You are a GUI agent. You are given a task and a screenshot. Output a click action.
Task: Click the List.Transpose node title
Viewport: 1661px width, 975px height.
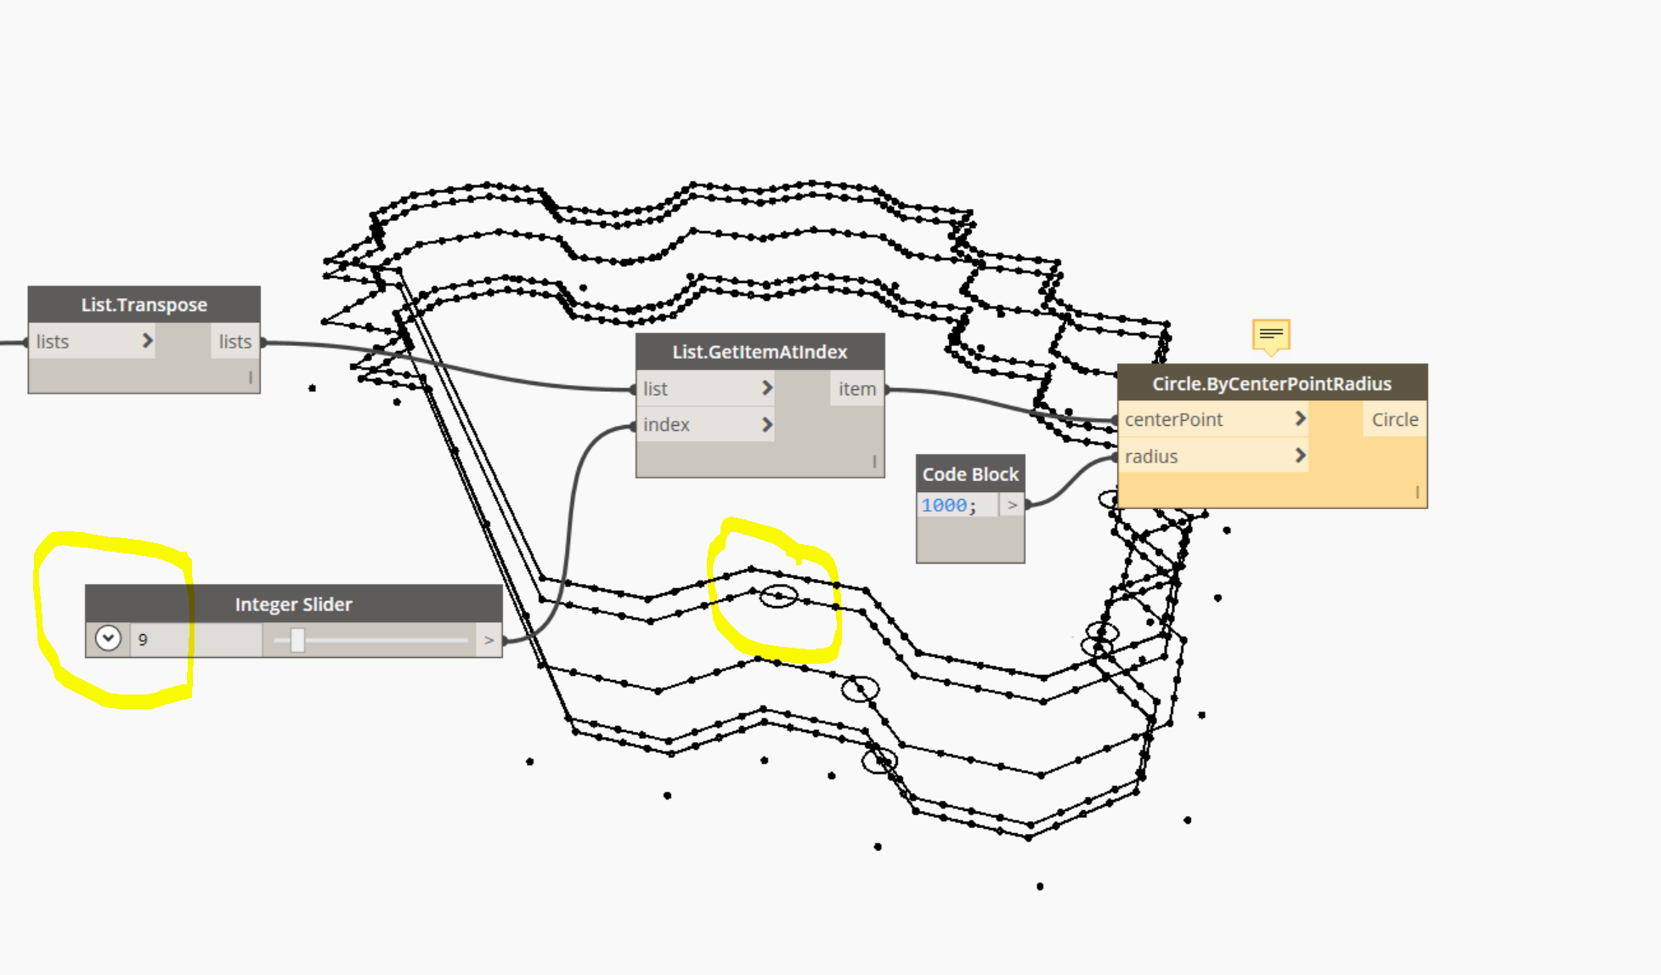[x=144, y=304]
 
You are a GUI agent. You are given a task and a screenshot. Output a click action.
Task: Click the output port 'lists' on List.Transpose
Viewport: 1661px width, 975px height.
[x=234, y=341]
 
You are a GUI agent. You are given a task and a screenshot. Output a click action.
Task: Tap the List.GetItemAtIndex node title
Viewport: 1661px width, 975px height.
[x=760, y=351]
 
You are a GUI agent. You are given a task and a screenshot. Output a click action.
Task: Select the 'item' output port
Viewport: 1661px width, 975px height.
[x=856, y=388]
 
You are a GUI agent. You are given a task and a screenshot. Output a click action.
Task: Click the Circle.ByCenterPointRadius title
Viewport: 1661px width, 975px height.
[x=1272, y=383]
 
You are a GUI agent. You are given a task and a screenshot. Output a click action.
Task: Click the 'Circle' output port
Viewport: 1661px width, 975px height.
[x=1394, y=419]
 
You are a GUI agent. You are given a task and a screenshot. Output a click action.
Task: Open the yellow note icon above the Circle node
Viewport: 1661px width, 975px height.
[x=1271, y=335]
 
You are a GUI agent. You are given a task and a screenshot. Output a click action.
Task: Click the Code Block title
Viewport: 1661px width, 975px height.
[x=970, y=473]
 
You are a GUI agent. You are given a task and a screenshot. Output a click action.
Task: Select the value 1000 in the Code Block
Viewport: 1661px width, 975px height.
[x=944, y=505]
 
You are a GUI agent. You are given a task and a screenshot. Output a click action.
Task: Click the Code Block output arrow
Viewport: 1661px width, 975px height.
[x=1012, y=505]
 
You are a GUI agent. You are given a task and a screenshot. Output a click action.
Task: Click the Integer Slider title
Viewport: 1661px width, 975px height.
[x=293, y=604]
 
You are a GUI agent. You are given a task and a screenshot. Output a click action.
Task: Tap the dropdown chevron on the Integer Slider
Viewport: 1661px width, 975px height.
[x=108, y=638]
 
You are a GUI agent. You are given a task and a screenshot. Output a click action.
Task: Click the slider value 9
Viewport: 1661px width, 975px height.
[x=143, y=639]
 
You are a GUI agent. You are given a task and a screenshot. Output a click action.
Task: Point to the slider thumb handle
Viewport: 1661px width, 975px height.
[x=297, y=639]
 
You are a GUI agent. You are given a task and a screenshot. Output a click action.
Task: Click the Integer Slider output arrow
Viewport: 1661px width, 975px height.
[x=489, y=639]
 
